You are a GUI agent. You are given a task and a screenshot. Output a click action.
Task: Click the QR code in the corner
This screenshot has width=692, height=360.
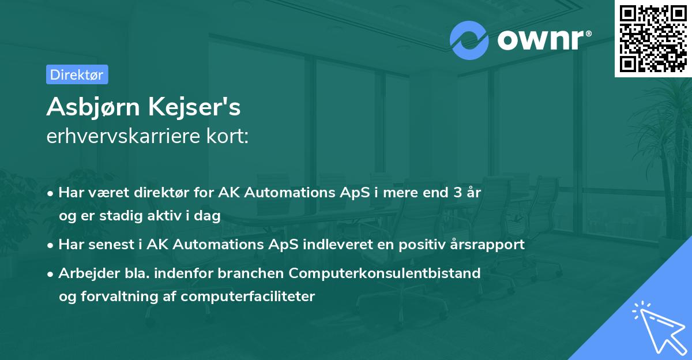653,38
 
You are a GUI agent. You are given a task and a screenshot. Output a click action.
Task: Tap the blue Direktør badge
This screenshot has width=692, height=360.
77,74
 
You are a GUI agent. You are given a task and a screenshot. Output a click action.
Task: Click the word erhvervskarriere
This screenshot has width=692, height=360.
122,136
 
